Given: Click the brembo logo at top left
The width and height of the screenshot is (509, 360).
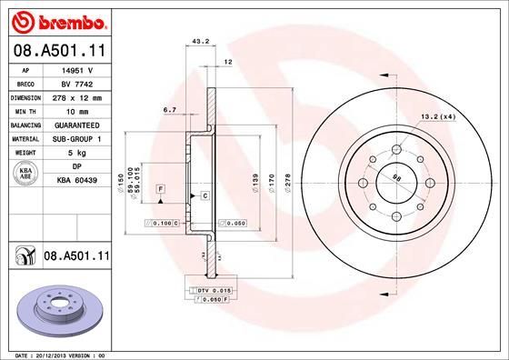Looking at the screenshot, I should (x=56, y=20).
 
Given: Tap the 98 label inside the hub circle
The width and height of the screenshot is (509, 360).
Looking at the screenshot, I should (x=396, y=178).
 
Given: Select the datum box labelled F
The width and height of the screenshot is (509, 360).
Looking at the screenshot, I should (x=160, y=187).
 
